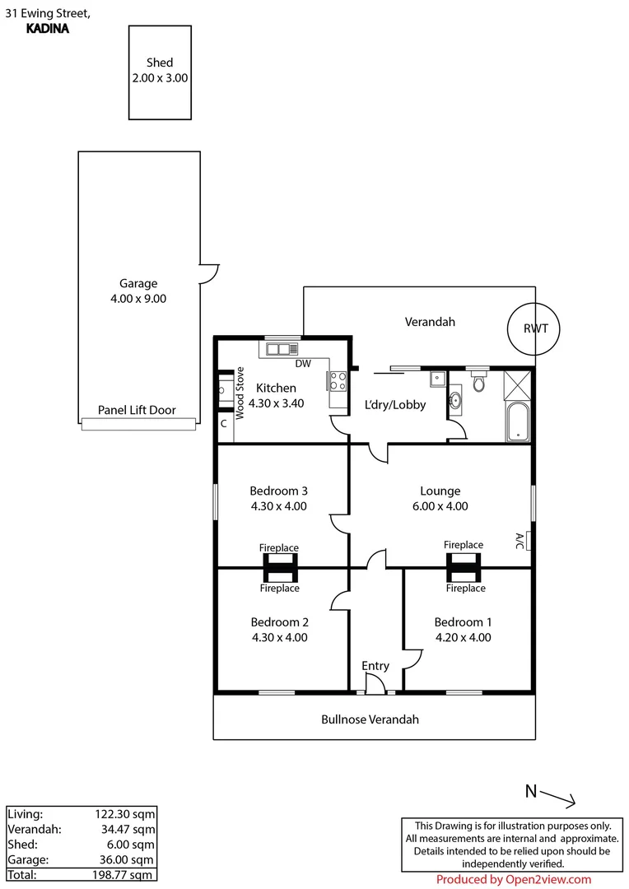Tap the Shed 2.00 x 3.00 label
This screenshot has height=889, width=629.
(161, 71)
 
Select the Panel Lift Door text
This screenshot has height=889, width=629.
(137, 410)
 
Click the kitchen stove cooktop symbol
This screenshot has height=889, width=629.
(338, 380)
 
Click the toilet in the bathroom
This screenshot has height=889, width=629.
(478, 383)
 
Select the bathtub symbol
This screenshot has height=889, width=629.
(518, 421)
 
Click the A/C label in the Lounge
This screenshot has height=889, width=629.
(520, 541)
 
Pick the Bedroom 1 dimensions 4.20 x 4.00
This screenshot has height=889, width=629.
(462, 637)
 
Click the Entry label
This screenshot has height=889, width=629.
(375, 666)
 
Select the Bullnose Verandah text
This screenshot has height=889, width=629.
(370, 719)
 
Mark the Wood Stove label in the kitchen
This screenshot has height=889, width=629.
(241, 393)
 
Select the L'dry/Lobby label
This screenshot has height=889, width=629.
(395, 405)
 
